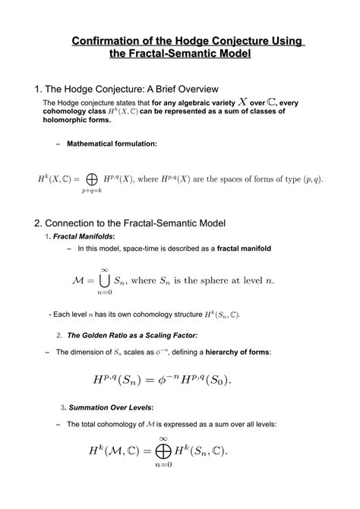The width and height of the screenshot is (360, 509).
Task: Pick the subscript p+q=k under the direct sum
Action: point(92,192)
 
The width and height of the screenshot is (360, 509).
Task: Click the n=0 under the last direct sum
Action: point(160,465)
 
